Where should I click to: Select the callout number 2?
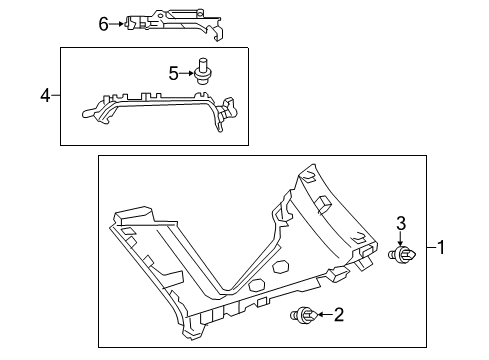point(338,316)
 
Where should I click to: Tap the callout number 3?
point(400,224)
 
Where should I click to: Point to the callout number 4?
point(44,96)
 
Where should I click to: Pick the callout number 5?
point(172,72)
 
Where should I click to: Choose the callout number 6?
point(102,22)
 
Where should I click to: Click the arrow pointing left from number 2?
point(322,317)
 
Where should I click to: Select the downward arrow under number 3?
point(400,240)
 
